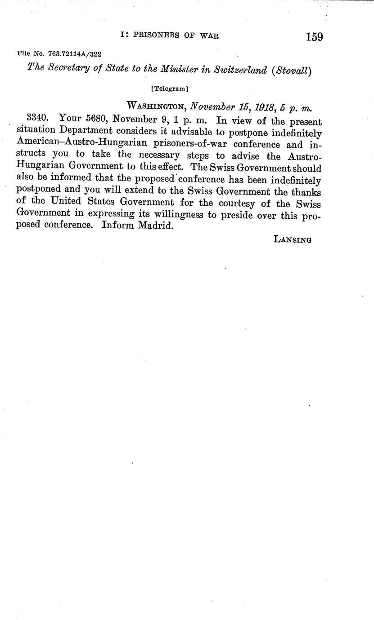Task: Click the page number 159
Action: point(314,37)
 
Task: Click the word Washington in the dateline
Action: point(157,106)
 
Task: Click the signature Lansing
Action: point(293,239)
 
